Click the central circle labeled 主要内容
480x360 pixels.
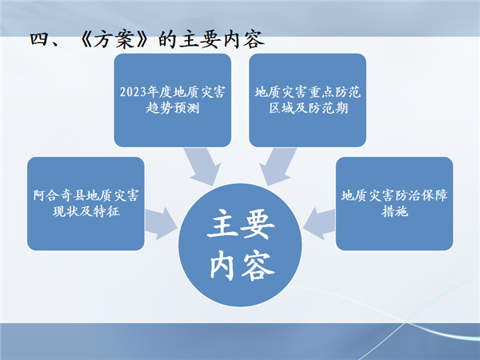point(240,245)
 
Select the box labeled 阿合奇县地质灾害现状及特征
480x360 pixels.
point(86,203)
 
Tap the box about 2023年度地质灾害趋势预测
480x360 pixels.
point(172,100)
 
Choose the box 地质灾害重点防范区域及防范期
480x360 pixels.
point(308,100)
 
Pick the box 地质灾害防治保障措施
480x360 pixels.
point(394,203)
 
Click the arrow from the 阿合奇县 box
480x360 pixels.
point(161,224)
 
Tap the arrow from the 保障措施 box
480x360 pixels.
point(319,224)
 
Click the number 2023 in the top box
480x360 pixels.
point(133,92)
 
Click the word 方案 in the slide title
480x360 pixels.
point(114,40)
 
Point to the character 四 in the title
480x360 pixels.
point(40,39)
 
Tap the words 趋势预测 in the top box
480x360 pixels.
point(172,108)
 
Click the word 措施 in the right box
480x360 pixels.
point(394,211)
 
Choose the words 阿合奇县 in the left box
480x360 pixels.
point(59,196)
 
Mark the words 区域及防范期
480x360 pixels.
point(309,108)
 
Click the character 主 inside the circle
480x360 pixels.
point(222,223)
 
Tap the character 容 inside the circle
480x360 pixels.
point(258,266)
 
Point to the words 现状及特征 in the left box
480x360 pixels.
point(86,211)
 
